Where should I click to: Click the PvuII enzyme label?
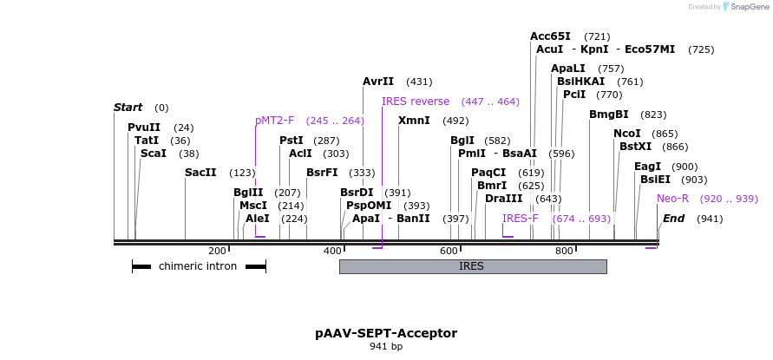[143, 128]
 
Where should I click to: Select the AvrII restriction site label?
[378, 82]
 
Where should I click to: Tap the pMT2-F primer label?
[275, 121]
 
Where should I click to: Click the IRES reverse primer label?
[416, 101]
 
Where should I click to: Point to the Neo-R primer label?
[672, 199]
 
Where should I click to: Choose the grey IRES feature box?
[472, 266]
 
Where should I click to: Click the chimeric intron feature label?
[198, 266]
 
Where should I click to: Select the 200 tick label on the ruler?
[217, 251]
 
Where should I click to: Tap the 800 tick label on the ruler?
[564, 251]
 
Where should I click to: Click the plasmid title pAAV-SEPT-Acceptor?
[386, 333]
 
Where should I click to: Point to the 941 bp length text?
[386, 347]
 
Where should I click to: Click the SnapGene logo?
[744, 7]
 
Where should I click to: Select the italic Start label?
[128, 108]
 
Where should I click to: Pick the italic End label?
[674, 219]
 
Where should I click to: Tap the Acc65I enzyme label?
[550, 36]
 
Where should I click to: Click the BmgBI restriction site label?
[609, 115]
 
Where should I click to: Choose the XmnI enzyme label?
[414, 121]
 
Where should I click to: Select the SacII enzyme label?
[200, 173]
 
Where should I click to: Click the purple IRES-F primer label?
[521, 219]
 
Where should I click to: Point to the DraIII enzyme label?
[504, 199]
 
